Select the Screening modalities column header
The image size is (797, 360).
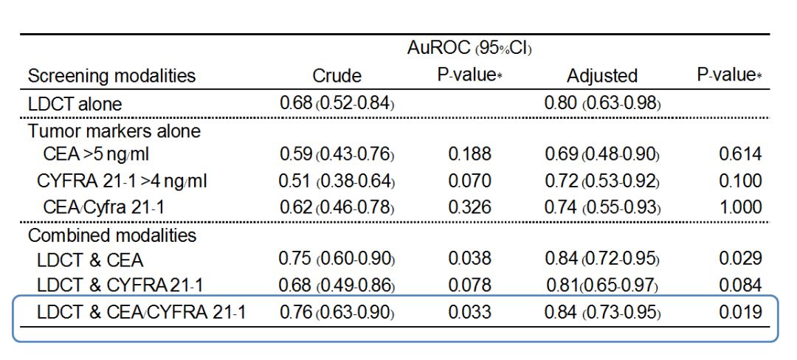coord(111,76)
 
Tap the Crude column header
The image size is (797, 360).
coord(337,76)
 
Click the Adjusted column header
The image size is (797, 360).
coord(602,76)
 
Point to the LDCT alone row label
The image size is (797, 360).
coord(75,104)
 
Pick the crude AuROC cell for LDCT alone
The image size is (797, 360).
coord(337,103)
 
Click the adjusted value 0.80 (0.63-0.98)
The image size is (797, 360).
coord(602,103)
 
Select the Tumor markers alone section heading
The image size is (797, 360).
coord(114,131)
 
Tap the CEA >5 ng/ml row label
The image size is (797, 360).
coord(96,154)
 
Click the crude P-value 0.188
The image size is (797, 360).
coord(469,154)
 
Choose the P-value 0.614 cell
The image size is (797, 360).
coord(740,154)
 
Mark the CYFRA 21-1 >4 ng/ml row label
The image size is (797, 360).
coord(122,180)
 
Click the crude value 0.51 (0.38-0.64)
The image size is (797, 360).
coord(337,180)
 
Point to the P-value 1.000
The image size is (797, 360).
coord(740,207)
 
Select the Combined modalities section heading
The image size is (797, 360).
coord(112,235)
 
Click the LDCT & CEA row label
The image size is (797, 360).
coord(90,260)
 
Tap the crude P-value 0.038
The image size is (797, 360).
coord(469,258)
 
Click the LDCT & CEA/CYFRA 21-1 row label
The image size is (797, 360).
coord(141,312)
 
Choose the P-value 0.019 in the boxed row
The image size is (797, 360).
coord(740,311)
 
